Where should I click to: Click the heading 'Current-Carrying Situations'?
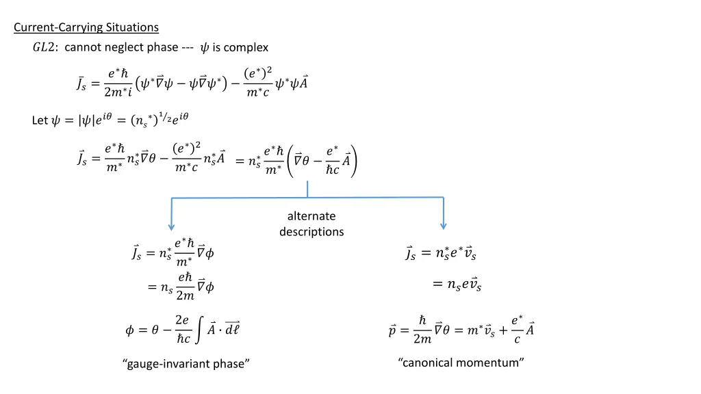tap(86, 27)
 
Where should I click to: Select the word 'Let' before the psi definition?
tap(40, 120)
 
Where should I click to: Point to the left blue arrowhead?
tap(171, 226)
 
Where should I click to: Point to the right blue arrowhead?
tap(444, 226)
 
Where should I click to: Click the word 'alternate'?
tap(311, 216)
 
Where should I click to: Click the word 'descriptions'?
tap(311, 231)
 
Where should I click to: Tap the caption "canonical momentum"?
tap(461, 362)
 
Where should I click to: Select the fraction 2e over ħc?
tap(182, 329)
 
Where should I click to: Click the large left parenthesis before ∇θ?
tap(290, 160)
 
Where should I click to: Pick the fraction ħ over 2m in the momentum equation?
tap(422, 330)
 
